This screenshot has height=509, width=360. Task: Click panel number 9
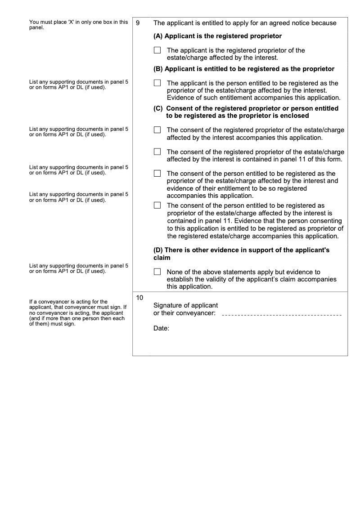138,23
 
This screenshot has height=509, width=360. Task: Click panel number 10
139,298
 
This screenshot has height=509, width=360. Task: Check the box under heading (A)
157,50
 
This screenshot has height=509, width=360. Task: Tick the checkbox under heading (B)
157,83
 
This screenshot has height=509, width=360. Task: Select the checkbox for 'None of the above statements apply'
157,272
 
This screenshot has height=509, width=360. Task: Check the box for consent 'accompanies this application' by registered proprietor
157,129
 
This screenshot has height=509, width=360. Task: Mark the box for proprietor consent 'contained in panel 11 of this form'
157,152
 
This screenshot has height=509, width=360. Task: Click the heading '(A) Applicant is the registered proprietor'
217,36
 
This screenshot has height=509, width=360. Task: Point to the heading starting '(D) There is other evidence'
241,250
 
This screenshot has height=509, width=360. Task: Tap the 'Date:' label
161,329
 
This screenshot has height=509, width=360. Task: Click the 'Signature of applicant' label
185,305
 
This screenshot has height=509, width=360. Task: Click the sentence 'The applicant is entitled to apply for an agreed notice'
245,23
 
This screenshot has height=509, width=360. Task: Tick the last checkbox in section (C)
157,205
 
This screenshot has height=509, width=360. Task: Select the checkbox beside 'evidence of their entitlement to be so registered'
157,173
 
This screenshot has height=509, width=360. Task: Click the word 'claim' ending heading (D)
162,258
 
